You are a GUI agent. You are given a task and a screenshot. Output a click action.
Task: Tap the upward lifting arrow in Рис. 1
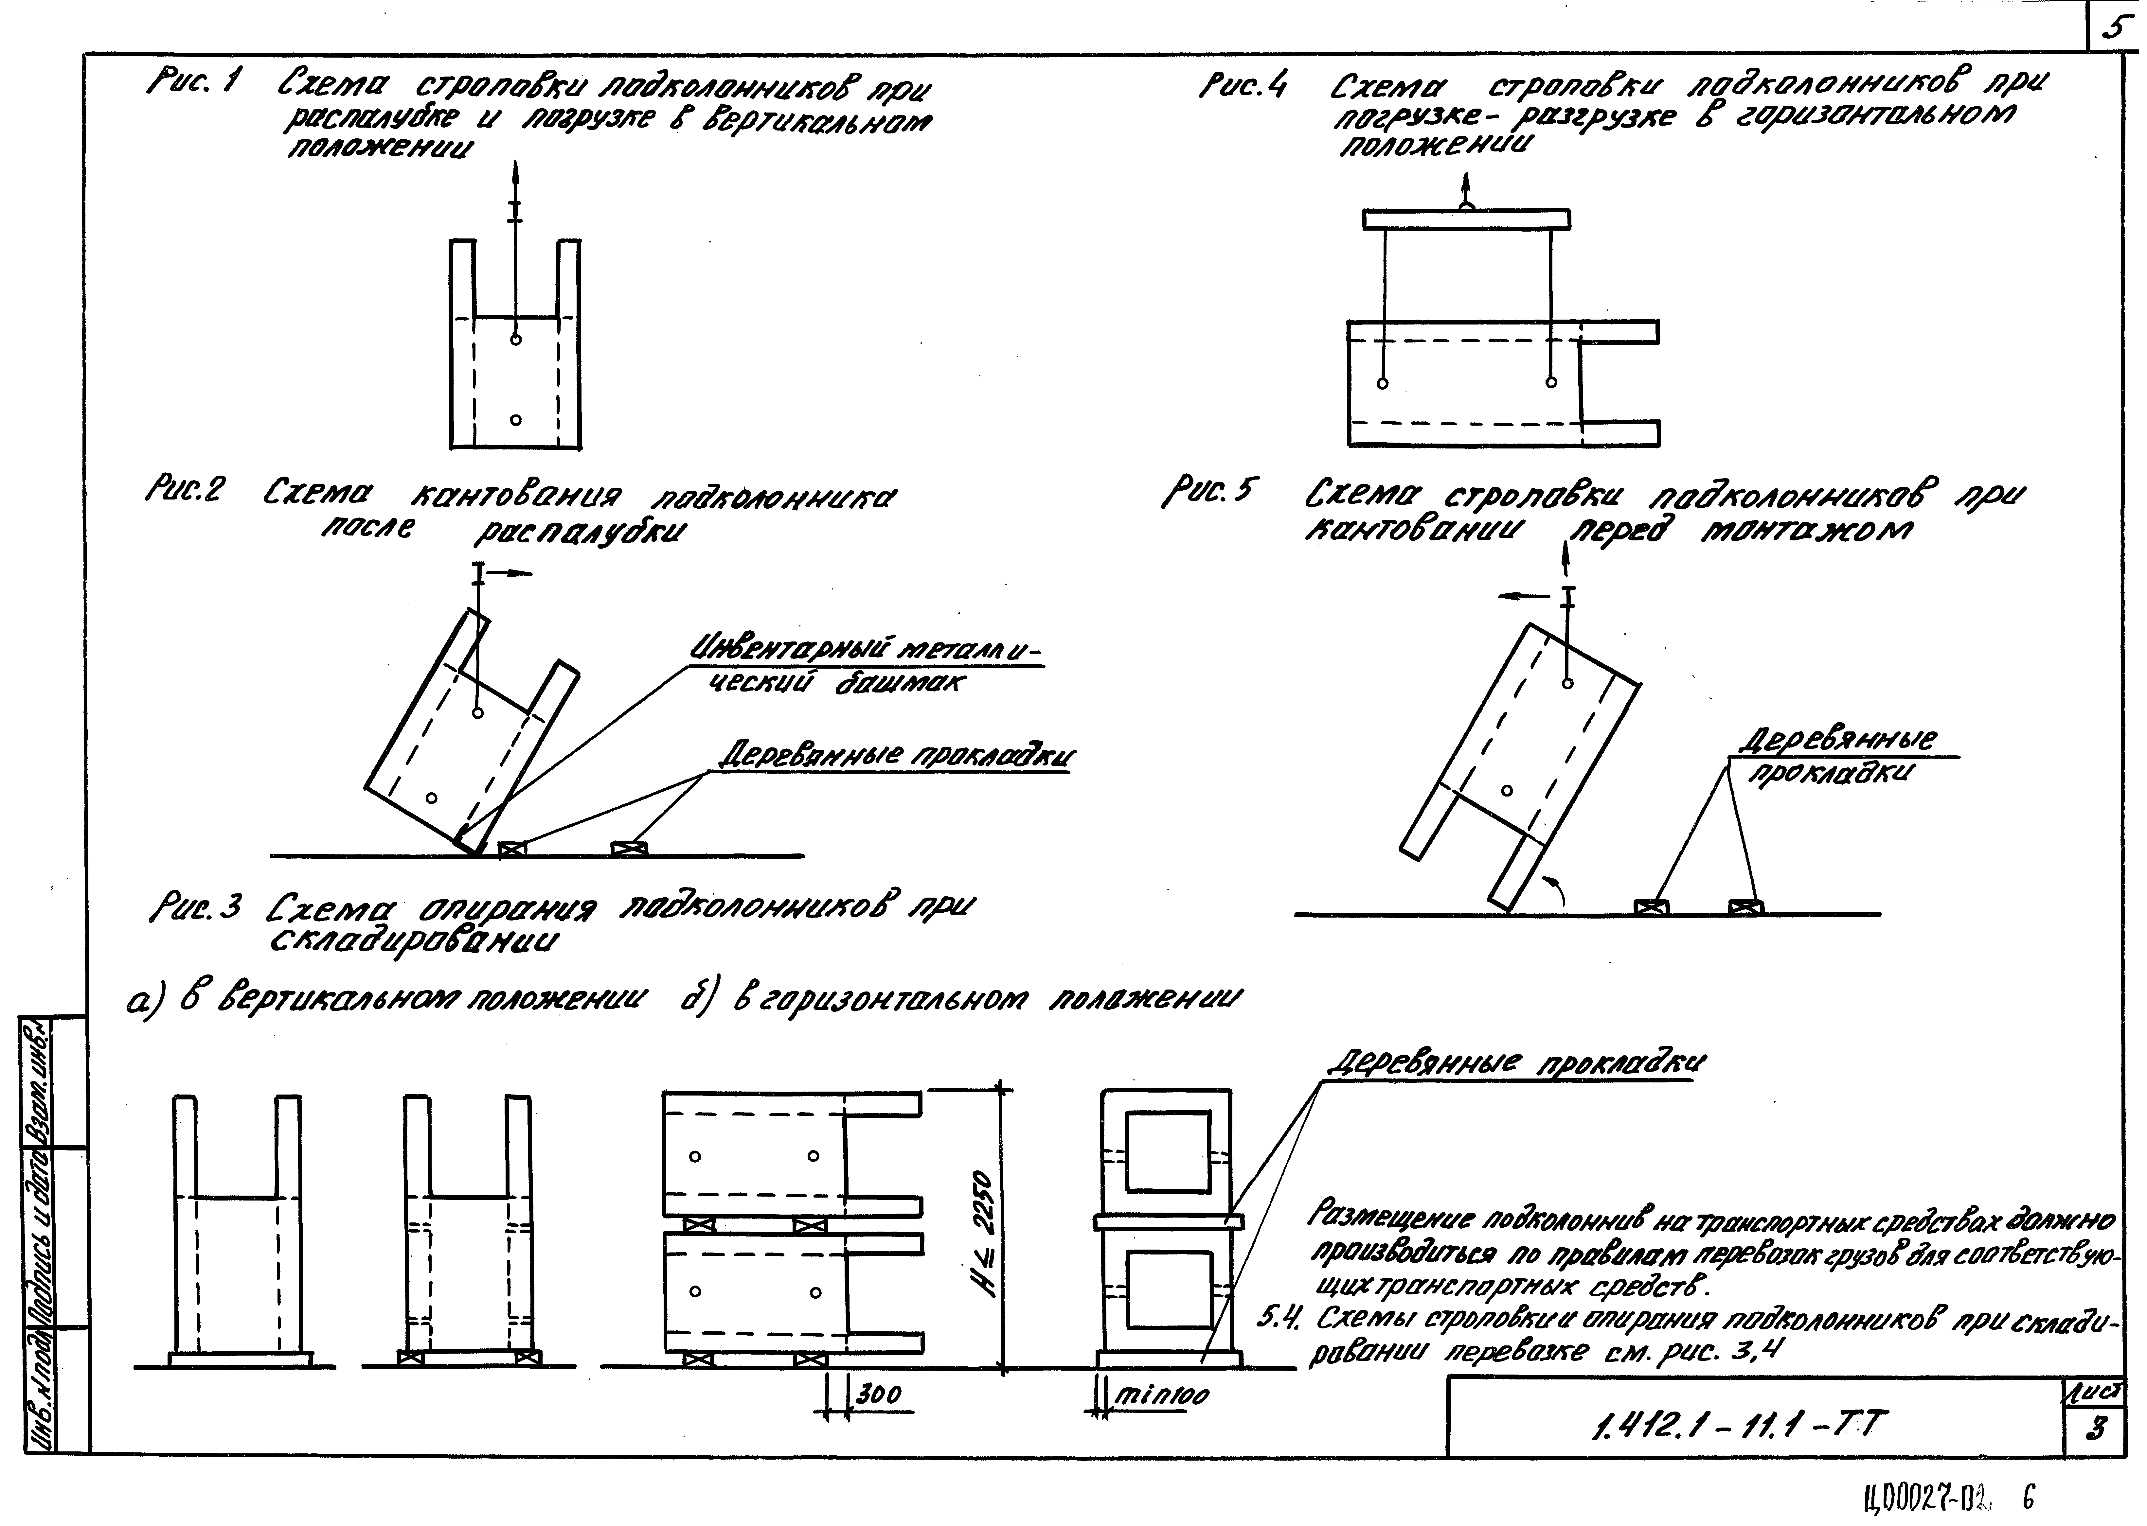pyautogui.click(x=514, y=183)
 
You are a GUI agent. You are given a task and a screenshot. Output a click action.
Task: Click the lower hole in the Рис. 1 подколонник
pyautogui.click(x=515, y=420)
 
